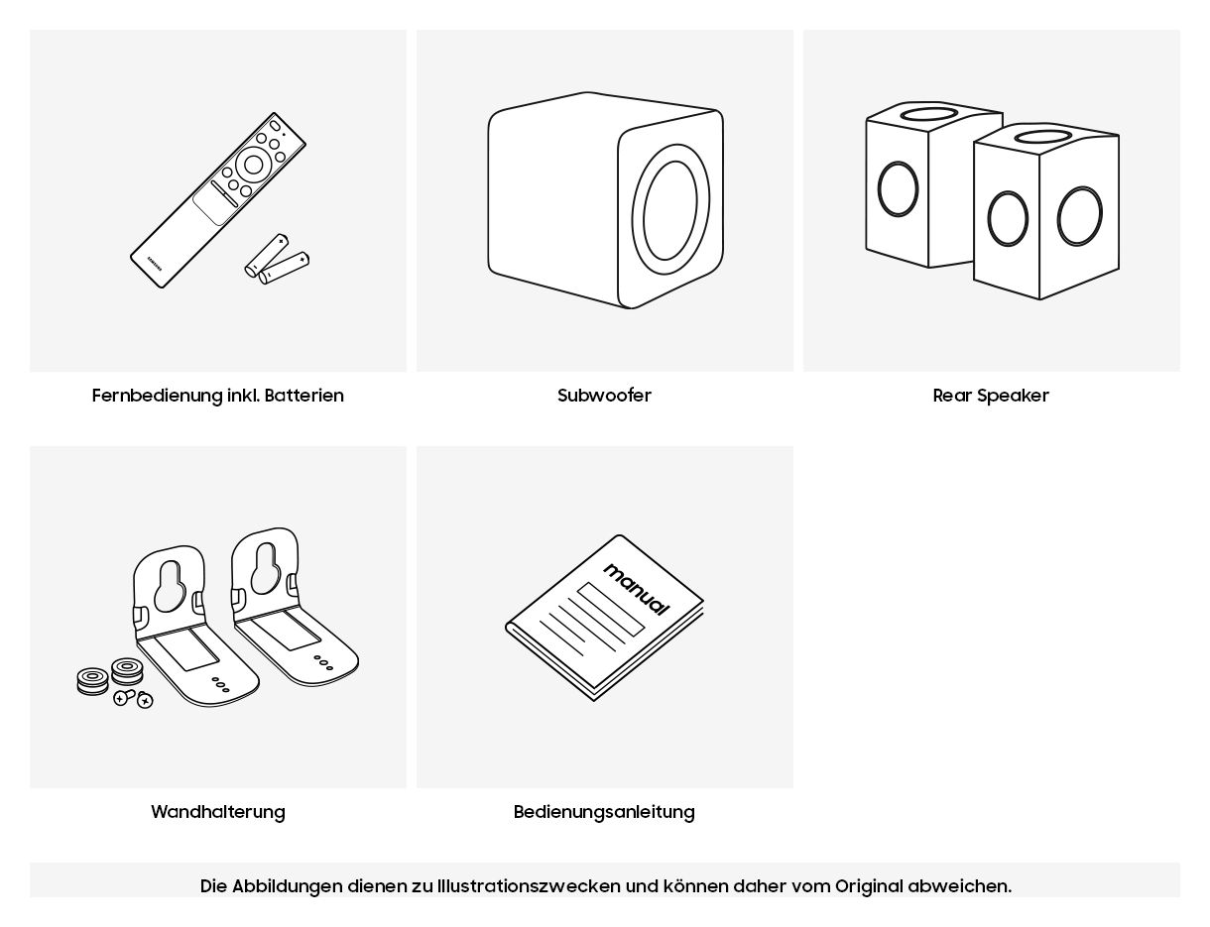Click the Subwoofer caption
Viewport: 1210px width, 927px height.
604,396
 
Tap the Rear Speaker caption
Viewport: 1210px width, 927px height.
991,396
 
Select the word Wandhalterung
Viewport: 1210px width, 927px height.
217,812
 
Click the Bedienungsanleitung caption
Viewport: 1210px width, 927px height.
604,812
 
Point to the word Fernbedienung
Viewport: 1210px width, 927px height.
157,396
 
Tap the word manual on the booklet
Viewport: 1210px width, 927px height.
636,589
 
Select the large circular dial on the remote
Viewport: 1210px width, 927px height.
254,165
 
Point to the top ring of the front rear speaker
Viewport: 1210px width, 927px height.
1041,136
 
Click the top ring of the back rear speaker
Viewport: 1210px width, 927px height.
928,113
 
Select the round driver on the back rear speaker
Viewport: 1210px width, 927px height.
898,188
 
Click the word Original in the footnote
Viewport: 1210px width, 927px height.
868,885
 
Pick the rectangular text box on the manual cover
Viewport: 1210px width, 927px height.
611,609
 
